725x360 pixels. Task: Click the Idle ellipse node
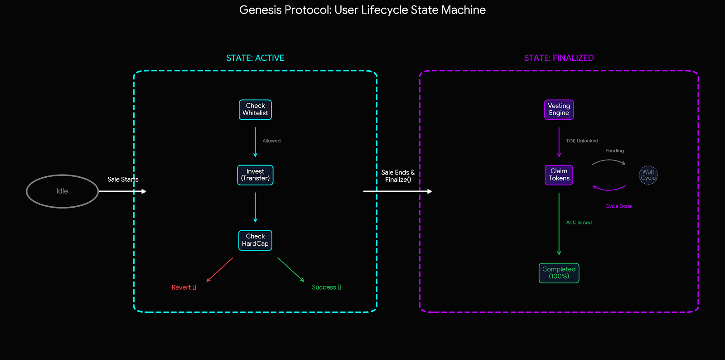[63, 191]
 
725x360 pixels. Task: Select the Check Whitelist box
[255, 110]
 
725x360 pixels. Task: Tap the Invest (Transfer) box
[255, 175]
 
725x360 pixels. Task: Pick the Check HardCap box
[255, 240]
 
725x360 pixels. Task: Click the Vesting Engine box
[559, 110]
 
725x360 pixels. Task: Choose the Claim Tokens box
[559, 175]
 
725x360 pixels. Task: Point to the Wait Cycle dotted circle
[648, 175]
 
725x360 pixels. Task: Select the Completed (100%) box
[559, 273]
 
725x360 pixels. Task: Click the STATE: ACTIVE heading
[255, 58]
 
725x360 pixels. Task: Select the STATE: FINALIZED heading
[559, 58]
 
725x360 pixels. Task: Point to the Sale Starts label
[123, 180]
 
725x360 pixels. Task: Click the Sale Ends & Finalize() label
[398, 176]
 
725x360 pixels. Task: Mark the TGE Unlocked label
[582, 141]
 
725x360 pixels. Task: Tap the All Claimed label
[579, 223]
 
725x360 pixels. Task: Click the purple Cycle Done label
[618, 206]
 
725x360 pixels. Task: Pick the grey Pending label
[614, 151]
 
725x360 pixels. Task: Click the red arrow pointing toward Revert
[220, 270]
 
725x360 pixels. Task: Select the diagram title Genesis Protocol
[362, 10]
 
